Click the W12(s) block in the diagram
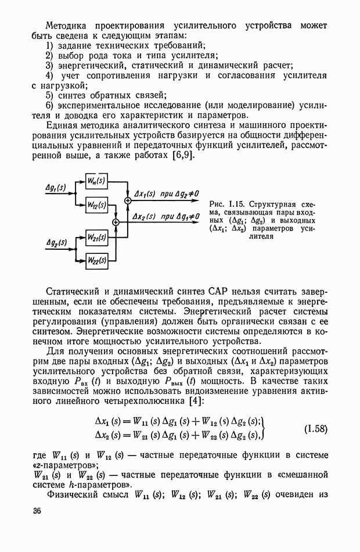96,205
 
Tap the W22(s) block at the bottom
96,259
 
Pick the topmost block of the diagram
96,182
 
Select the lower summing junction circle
116,222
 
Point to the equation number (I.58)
316,429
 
